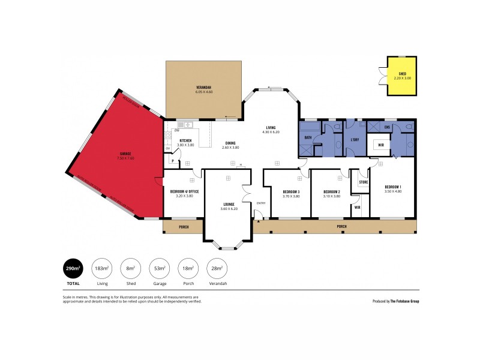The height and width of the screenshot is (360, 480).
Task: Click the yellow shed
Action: coord(402,76)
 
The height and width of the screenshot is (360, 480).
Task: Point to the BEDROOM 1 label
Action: coord(394,187)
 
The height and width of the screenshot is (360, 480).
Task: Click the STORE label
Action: coord(363,182)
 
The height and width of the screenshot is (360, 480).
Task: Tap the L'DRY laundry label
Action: coord(354,139)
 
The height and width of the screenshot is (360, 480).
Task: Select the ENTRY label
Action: coord(260,203)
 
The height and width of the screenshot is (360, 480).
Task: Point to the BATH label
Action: coord(308,137)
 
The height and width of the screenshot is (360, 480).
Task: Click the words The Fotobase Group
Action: coord(404,301)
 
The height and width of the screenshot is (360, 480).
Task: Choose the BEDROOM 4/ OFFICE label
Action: coord(184,193)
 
